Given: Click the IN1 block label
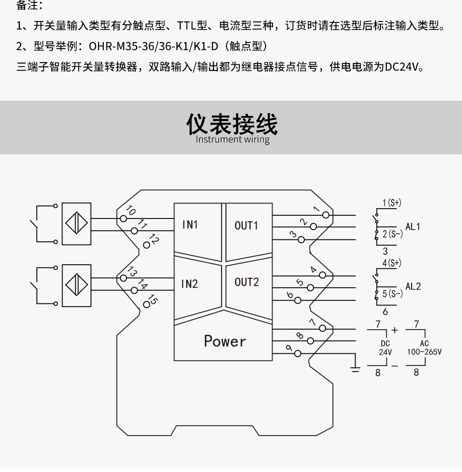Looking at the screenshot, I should pos(190,225).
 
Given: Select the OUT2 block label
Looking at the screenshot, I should pos(246,282).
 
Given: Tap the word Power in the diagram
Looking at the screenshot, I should pos(224,341).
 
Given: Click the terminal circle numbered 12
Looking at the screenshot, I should pos(147,246).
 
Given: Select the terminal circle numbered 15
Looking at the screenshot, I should pos(147,303).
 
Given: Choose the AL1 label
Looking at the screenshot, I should pos(413,227).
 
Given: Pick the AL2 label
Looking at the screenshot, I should pos(413,286).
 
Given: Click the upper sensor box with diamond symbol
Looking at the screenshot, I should pos(76,224).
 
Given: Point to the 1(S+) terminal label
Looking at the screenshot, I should pos(392,203).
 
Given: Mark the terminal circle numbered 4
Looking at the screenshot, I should pos(322,275).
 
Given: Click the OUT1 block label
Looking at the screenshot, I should pos(246,225).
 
